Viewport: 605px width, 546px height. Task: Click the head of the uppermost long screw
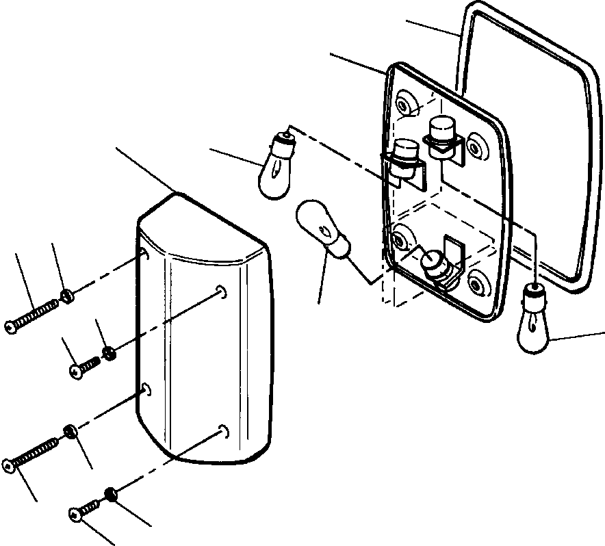tap(10, 328)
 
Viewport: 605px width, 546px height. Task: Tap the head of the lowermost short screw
tap(75, 512)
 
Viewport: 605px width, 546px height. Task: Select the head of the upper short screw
tap(75, 371)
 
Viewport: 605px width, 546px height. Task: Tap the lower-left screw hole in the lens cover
tap(146, 389)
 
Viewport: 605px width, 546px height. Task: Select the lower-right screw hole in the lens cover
tap(222, 430)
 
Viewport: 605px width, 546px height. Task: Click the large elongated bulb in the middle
tap(320, 227)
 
